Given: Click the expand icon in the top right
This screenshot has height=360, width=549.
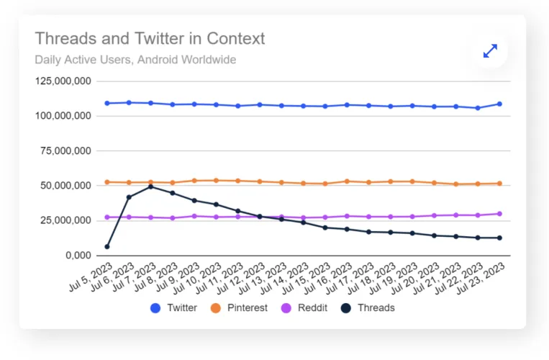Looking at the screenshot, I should [x=490, y=51].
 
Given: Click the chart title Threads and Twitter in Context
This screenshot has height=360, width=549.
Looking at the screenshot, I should [x=150, y=38].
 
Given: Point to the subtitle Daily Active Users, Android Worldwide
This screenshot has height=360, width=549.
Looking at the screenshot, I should [x=135, y=60].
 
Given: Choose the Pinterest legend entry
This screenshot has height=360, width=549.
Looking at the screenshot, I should [x=238, y=307].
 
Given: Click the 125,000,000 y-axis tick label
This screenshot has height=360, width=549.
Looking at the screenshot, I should [x=63, y=81].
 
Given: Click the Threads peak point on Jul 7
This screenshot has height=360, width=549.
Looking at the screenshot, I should [x=151, y=186].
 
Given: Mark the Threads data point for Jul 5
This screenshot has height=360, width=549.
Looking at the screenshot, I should [x=107, y=246].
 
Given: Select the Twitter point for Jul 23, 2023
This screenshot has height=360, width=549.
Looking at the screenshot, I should [x=499, y=104].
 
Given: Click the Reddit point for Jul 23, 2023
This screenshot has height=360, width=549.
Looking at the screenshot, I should [x=499, y=214].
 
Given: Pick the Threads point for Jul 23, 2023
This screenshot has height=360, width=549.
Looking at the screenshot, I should [x=499, y=238].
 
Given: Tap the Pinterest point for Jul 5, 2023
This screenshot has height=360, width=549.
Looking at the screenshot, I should [x=107, y=182].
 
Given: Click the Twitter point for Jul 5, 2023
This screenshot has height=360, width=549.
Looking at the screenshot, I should [x=107, y=103].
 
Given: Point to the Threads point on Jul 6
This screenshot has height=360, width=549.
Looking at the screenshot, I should [x=129, y=197].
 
